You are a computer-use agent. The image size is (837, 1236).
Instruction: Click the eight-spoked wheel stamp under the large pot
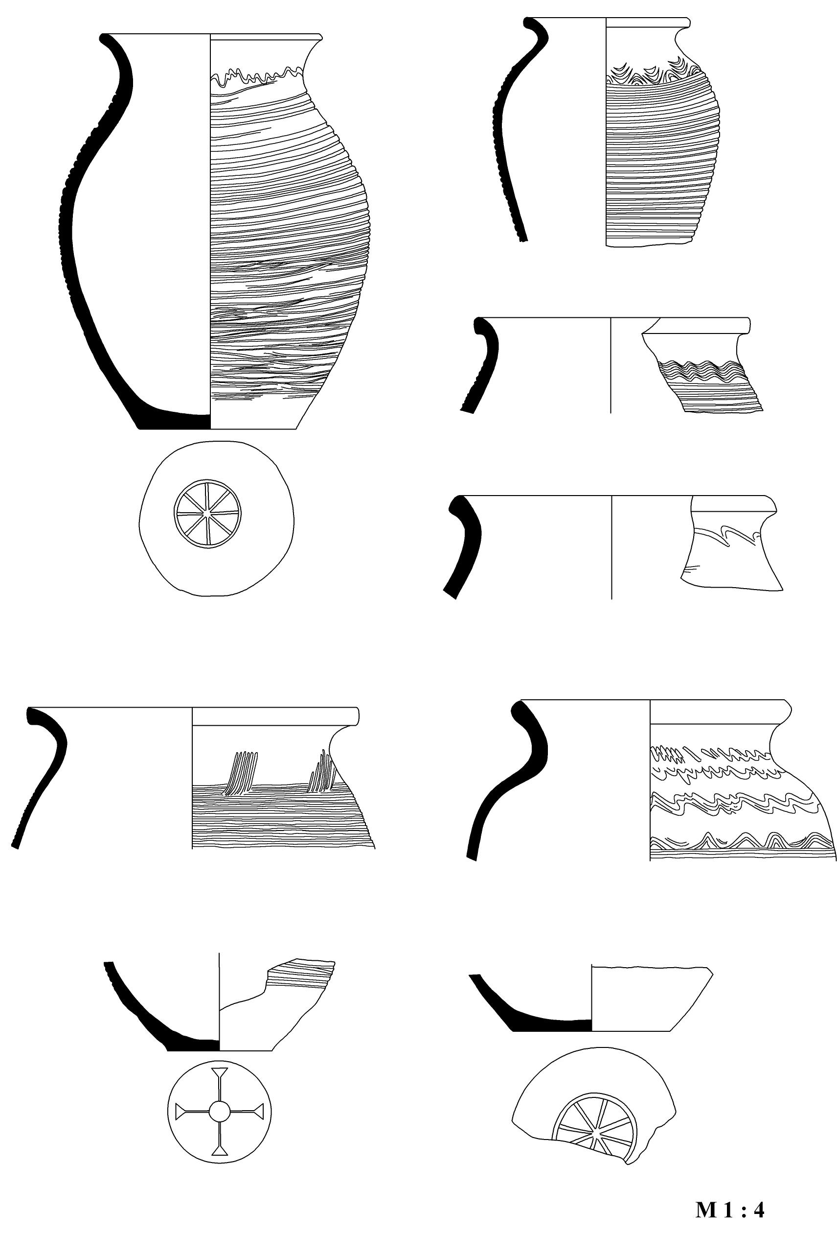(x=207, y=513)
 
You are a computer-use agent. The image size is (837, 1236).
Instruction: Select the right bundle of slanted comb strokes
(x=322, y=771)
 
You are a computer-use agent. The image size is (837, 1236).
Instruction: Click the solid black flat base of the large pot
(x=173, y=421)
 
